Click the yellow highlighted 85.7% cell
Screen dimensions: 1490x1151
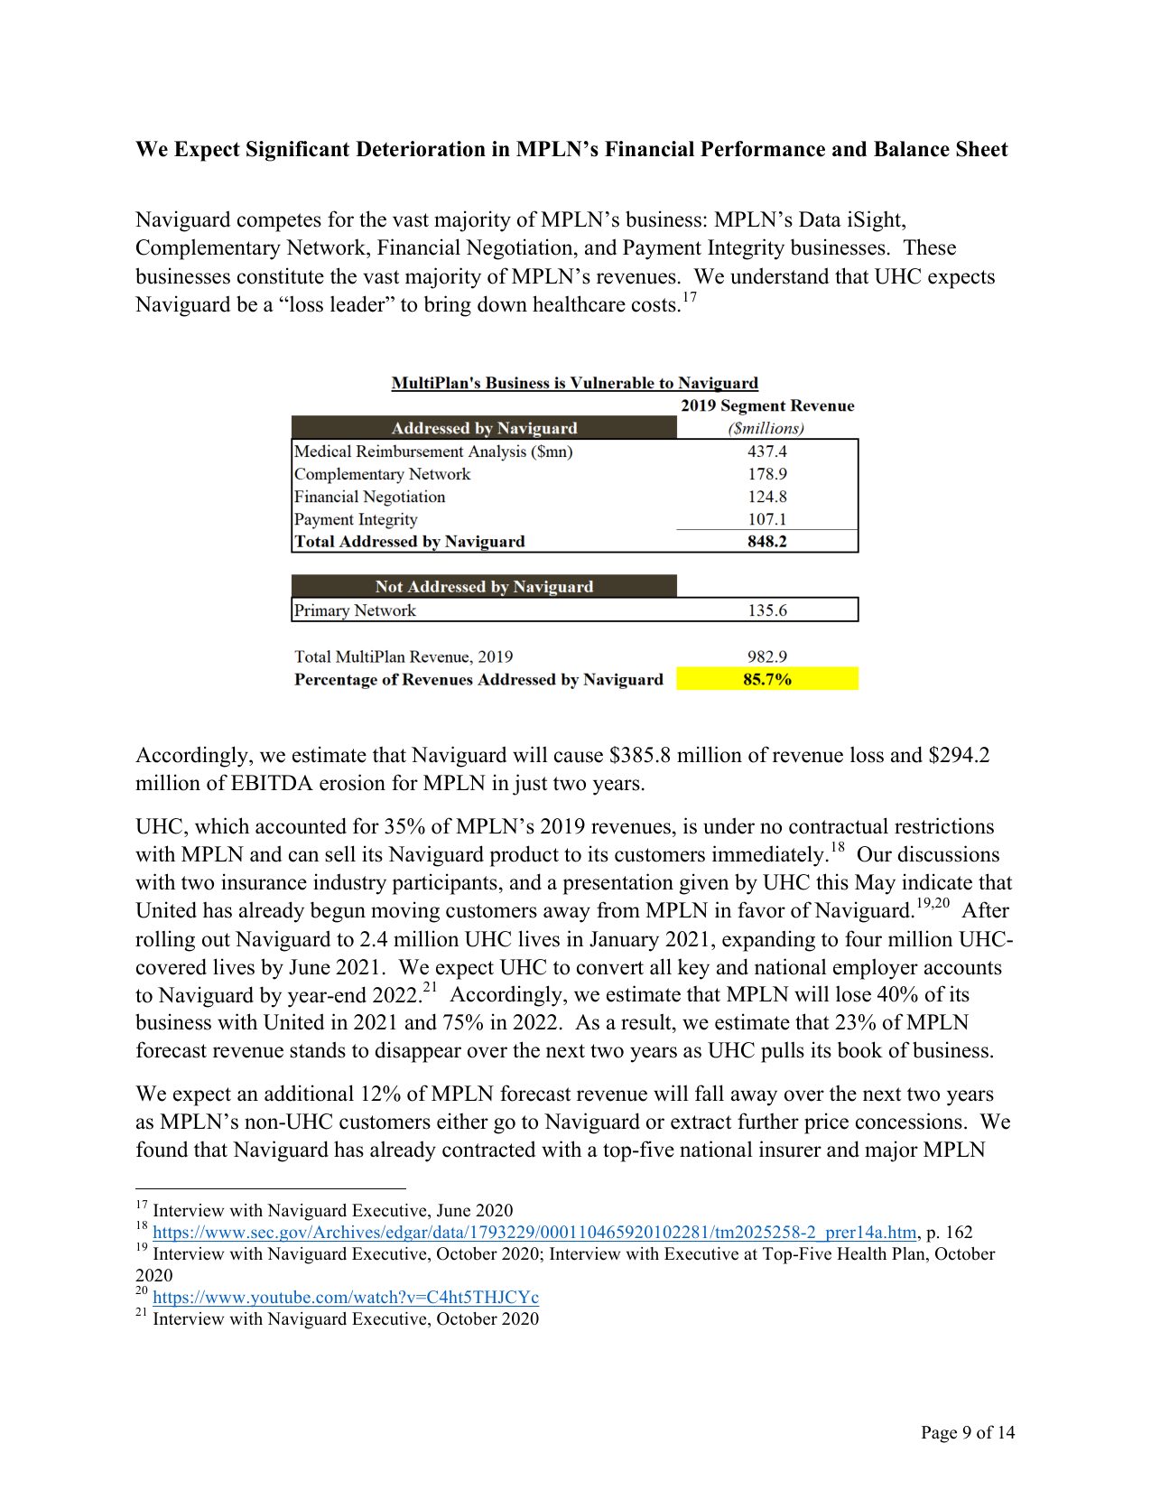coord(766,679)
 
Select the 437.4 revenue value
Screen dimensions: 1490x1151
coord(766,452)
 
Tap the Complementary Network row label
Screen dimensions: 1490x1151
coord(382,474)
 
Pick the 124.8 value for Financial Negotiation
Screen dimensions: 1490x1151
coord(766,497)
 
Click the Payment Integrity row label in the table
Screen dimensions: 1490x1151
coord(356,519)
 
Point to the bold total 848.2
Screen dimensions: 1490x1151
coord(766,542)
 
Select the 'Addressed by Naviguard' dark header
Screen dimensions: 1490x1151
coord(484,428)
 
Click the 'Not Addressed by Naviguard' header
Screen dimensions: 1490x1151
coord(484,586)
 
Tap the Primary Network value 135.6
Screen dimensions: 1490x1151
coord(766,610)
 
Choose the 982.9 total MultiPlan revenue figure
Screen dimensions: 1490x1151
coord(766,657)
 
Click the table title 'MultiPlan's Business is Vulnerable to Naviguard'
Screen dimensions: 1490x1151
coord(574,383)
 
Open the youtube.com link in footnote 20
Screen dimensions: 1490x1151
coord(346,1298)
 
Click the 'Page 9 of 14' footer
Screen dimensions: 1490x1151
coord(967,1432)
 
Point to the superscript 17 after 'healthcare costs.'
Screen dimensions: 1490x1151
coord(690,297)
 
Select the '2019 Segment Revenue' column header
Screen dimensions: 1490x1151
coord(766,405)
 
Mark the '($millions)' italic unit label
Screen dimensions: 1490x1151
coord(766,428)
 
